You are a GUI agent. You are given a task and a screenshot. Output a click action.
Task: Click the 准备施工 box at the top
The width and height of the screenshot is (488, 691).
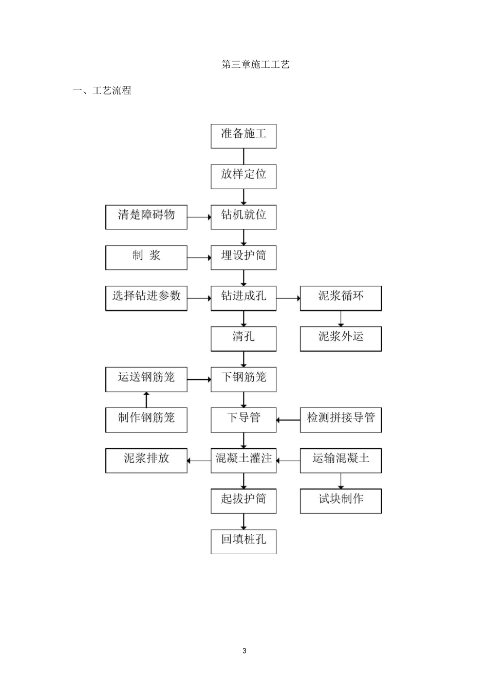243,136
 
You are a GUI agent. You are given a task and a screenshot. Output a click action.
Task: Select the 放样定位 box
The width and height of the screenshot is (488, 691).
243,176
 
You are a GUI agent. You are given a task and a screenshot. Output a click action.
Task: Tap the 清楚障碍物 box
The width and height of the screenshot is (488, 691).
146,217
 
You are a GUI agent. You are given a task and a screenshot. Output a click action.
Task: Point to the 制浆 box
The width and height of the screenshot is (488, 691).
146,257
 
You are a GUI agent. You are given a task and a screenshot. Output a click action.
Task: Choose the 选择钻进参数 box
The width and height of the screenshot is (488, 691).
146,298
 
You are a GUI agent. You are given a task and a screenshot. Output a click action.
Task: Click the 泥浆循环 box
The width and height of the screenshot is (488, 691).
341,298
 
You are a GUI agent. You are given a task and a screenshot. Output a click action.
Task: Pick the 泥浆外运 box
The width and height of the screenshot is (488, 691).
341,338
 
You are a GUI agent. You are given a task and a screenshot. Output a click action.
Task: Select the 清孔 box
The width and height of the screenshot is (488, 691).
243,338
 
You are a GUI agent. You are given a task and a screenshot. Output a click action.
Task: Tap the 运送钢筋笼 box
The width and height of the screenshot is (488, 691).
146,379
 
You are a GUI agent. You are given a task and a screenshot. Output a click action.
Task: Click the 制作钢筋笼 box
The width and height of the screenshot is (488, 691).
146,420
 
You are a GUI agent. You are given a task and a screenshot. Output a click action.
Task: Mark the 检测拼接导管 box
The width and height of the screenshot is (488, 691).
341,420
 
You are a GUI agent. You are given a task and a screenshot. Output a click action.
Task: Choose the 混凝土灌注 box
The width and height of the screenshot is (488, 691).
243,460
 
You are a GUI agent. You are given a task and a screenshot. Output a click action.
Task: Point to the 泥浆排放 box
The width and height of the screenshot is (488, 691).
146,460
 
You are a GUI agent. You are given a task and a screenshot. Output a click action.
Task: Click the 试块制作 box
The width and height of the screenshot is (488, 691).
341,501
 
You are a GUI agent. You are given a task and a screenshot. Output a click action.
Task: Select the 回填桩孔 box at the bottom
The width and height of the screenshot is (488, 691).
243,541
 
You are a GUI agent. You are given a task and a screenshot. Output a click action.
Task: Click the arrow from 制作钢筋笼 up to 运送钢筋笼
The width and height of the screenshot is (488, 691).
146,399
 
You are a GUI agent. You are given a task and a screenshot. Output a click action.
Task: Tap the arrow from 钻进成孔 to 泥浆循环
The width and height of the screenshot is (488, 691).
288,298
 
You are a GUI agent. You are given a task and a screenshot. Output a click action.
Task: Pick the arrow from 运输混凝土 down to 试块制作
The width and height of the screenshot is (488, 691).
341,481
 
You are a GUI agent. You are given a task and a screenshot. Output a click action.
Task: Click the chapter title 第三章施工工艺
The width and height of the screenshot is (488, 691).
255,64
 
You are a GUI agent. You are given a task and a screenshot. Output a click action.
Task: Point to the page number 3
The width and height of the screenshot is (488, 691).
244,650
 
